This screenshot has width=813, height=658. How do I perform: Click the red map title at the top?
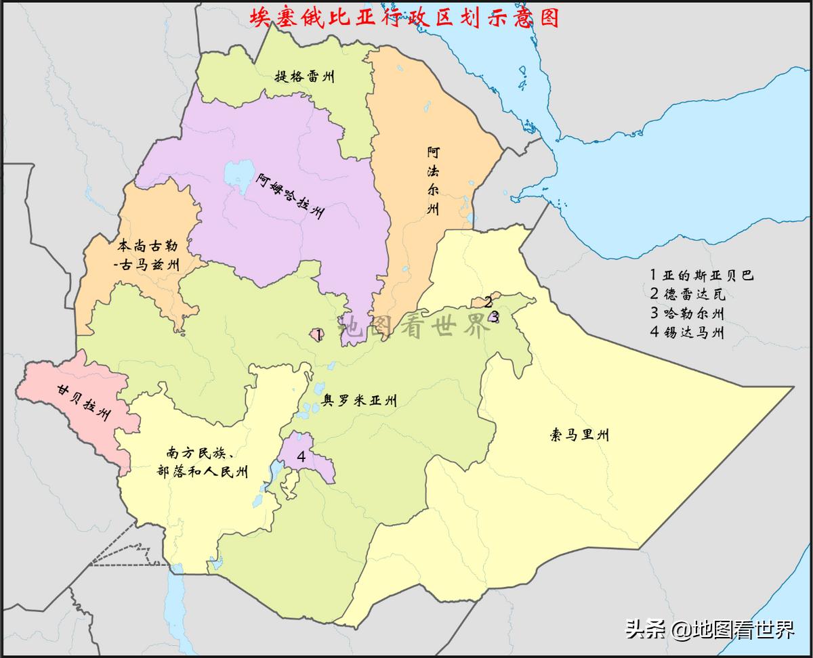(404, 17)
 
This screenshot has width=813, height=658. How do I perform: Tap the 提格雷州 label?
(304, 76)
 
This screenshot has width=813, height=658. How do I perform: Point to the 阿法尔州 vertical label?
(433, 180)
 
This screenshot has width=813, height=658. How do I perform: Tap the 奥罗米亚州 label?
(359, 401)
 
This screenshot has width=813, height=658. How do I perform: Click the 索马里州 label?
(579, 435)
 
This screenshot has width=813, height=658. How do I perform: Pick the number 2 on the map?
(488, 303)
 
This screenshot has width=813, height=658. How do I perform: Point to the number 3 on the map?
(495, 315)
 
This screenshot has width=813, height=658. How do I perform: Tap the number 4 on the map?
(301, 457)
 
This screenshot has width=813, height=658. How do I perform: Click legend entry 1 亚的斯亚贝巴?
(701, 275)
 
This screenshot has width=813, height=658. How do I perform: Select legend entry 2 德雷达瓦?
(687, 294)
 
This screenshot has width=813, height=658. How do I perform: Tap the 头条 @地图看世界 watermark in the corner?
(709, 630)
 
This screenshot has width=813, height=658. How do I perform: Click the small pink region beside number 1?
(314, 334)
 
